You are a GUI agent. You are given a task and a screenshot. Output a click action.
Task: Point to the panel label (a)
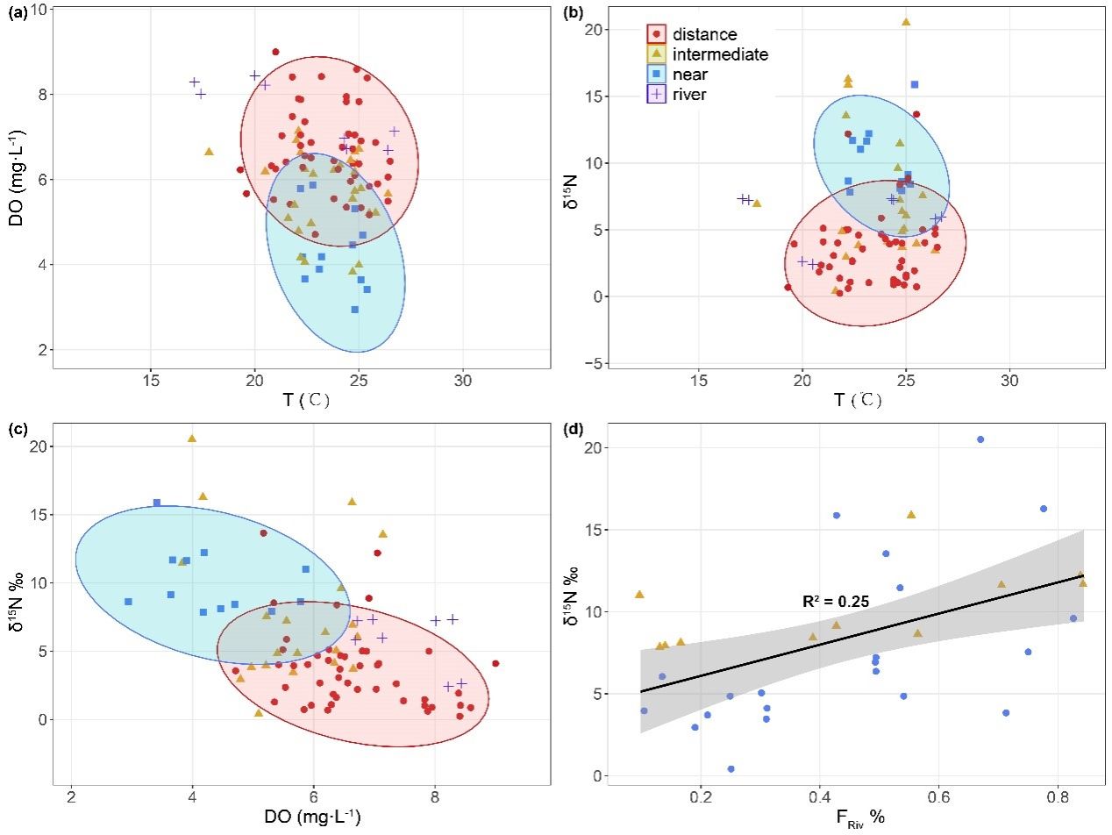tap(18, 11)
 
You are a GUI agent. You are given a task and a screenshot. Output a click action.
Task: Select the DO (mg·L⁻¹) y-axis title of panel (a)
tap(16, 179)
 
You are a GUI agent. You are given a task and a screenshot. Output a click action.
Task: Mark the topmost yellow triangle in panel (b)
tap(906, 22)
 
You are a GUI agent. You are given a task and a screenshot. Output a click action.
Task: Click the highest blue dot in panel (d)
tap(980, 439)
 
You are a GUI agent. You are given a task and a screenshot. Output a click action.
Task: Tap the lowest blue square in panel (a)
tap(355, 310)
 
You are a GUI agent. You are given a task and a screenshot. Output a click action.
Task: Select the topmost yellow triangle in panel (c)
tap(192, 439)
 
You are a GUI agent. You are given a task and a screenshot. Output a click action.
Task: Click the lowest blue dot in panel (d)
tap(731, 769)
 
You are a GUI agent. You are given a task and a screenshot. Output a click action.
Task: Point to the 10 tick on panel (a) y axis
tap(39, 9)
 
